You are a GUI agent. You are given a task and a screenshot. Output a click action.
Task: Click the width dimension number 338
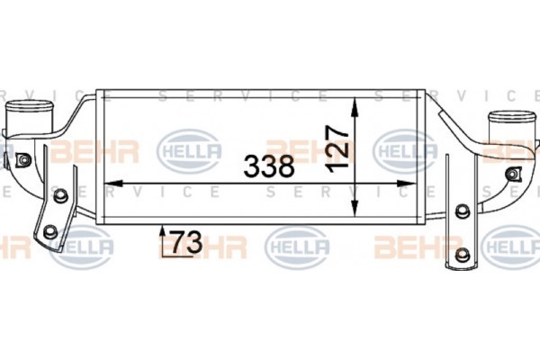tap(269, 166)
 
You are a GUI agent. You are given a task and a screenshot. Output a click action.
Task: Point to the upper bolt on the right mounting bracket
tap(463, 211)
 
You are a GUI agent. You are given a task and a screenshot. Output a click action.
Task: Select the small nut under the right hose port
tap(514, 173)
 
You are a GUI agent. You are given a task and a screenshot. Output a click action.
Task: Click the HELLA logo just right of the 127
tap(404, 149)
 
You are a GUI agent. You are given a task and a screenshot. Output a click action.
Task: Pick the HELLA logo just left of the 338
tap(189, 149)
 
